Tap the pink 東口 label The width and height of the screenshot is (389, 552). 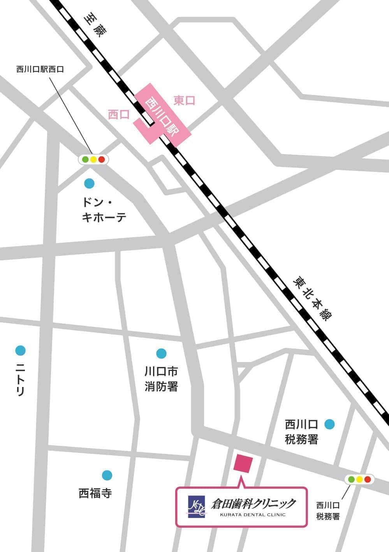[184, 101]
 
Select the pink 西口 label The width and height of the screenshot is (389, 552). [118, 114]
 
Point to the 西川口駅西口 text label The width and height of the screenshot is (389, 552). [40, 69]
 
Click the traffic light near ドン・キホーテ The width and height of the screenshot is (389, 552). [93, 159]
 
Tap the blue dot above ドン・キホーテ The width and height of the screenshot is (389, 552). [89, 183]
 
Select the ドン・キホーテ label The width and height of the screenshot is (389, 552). [104, 210]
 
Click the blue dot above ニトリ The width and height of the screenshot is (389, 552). [20, 350]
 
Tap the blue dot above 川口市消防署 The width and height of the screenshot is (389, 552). [161, 353]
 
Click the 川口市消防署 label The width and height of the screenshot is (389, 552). [161, 378]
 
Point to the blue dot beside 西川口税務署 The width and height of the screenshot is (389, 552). [329, 424]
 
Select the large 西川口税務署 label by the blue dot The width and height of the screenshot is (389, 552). [302, 431]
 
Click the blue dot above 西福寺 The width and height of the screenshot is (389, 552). [107, 475]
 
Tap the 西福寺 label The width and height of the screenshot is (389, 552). [95, 493]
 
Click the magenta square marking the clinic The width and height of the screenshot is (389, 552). [243, 463]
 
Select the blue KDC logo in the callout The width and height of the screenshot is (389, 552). [197, 507]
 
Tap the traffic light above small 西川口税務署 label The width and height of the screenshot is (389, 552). [359, 479]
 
